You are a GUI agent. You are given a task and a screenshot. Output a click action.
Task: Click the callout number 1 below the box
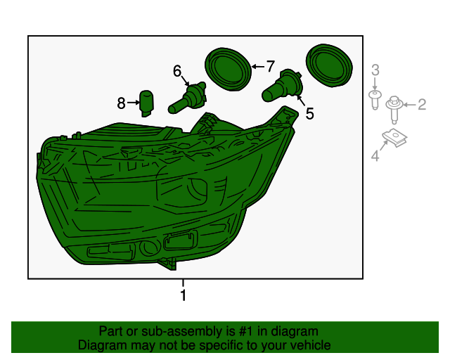tap(184, 295)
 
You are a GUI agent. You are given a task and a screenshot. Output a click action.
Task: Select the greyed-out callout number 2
tap(422, 105)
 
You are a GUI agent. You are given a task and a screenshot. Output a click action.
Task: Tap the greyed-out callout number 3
tap(375, 70)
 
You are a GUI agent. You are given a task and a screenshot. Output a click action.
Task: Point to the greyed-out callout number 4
tap(375, 156)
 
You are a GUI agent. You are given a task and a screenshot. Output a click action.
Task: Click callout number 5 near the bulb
tap(309, 113)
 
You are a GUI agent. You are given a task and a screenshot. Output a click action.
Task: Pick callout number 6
tap(177, 71)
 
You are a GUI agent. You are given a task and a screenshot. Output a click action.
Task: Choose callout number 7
tap(270, 66)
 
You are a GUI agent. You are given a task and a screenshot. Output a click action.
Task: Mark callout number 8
tap(121, 103)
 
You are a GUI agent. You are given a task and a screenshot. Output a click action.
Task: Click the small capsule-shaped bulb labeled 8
tap(146, 103)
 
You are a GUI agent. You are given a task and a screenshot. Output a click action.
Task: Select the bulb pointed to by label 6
tap(188, 97)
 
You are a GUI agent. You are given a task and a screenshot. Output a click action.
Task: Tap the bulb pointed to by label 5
tap(283, 85)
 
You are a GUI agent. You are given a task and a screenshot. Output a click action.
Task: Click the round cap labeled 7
tap(228, 70)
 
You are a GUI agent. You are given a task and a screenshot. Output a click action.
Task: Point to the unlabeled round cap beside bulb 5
tap(329, 65)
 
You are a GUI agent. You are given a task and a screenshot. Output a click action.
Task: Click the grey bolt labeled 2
tap(394, 110)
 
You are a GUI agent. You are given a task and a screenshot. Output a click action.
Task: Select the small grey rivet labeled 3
tap(375, 99)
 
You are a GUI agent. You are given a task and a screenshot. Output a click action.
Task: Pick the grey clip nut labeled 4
tap(394, 138)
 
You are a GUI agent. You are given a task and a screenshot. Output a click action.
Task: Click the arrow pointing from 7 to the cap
tap(258, 67)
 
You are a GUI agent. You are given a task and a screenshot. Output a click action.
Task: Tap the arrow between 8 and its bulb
tap(133, 103)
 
